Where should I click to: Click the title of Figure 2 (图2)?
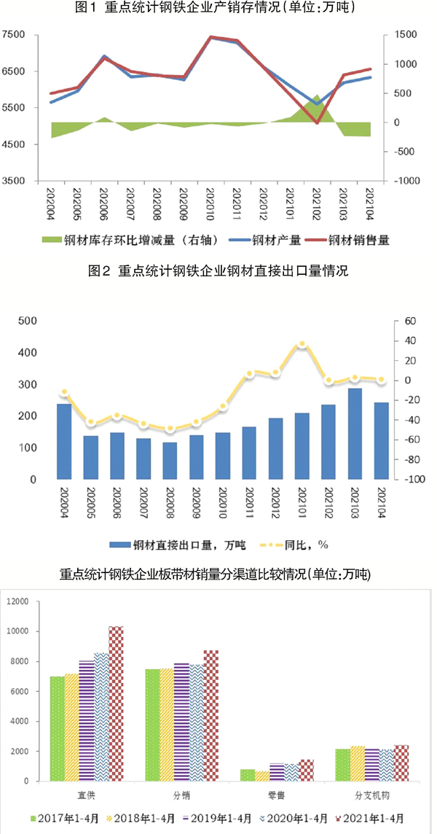click(219, 271)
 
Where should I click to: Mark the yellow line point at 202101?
click(302, 343)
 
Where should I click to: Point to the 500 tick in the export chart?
click(28, 321)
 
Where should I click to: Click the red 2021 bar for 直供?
click(117, 704)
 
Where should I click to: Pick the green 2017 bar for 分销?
click(152, 725)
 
